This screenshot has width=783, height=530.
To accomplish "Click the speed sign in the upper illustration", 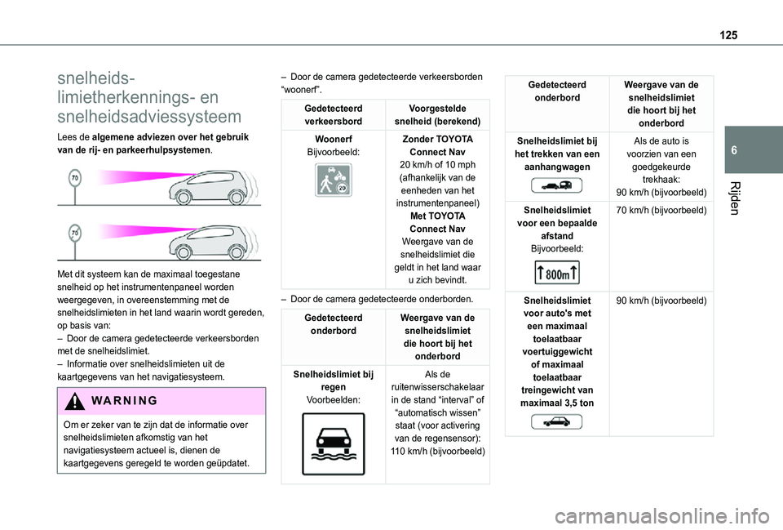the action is (75, 177).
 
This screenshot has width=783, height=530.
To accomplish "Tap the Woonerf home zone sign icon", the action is (333, 180).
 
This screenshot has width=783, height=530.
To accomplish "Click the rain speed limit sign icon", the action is (333, 445).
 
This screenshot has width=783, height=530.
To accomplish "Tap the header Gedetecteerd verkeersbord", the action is (333, 114).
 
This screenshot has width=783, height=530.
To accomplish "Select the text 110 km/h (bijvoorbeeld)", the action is (438, 452).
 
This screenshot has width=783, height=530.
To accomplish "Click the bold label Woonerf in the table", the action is (333, 140).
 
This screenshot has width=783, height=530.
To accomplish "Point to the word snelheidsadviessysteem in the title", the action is (149, 116).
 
